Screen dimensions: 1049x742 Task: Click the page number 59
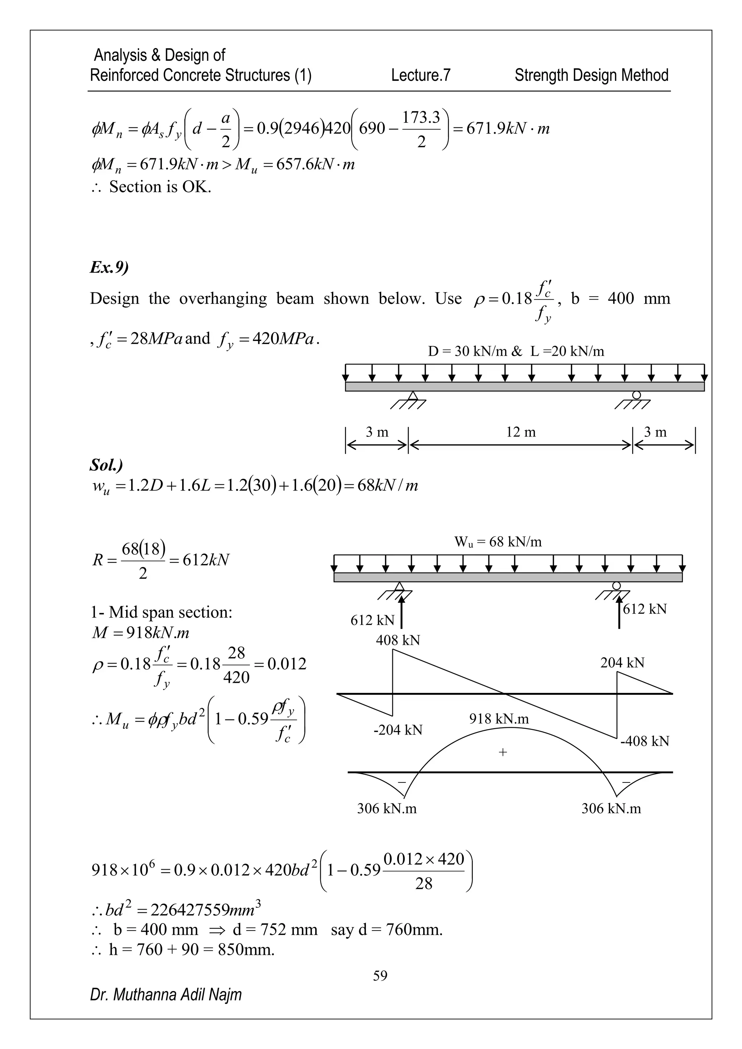380,975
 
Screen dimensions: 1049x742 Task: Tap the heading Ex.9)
109,267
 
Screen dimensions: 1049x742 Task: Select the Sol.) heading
106,465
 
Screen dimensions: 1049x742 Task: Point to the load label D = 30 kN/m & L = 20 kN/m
516,351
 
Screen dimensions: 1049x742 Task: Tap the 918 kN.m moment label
499,719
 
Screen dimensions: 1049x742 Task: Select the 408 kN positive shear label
397,640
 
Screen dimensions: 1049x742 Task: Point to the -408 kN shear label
644,741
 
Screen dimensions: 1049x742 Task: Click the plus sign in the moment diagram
503,752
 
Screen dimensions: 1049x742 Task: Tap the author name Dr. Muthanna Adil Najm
166,994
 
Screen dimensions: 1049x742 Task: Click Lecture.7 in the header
420,75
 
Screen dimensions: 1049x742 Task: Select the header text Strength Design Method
591,75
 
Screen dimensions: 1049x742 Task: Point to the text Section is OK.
160,187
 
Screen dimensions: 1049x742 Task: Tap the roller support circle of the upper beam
636,395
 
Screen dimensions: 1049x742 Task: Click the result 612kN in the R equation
205,560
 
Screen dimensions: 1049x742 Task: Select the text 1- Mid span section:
161,612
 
